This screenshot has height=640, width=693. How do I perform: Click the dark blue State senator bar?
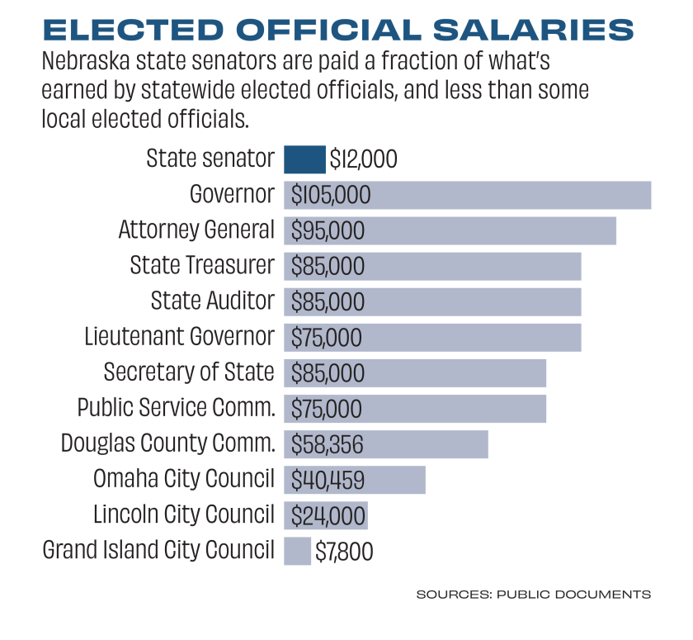click(304, 159)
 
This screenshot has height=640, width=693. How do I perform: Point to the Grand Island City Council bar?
click(297, 550)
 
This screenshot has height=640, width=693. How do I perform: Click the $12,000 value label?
click(363, 159)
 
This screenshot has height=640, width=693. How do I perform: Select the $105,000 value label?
click(331, 196)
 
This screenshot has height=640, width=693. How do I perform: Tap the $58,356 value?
click(328, 444)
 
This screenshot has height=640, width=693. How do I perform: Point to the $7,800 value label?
click(344, 551)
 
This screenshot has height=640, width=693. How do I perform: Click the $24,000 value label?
click(328, 515)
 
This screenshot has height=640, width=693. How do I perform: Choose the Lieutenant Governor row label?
click(179, 337)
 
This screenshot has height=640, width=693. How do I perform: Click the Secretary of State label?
click(189, 372)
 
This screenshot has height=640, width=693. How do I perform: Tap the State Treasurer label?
click(202, 266)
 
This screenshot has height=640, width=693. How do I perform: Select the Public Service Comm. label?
click(176, 408)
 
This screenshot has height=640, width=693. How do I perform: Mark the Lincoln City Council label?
click(183, 514)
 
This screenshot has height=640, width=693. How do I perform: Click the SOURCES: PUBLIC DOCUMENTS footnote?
click(533, 594)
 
